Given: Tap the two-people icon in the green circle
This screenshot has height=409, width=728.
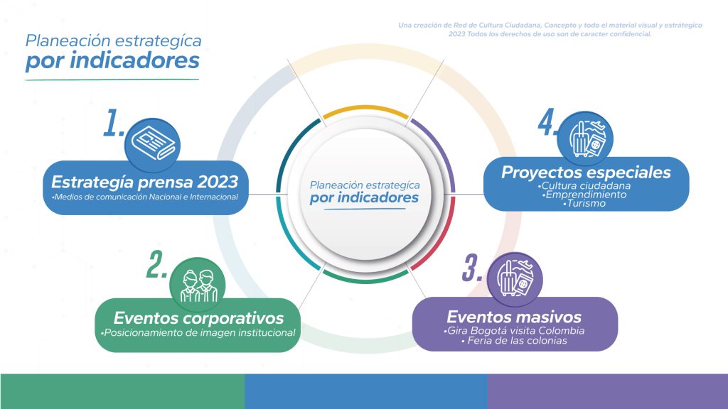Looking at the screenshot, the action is coord(199,285).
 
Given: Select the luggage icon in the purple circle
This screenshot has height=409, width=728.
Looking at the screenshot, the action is coord(515,278).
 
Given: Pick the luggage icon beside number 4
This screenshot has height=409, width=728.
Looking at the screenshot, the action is coord(587,138).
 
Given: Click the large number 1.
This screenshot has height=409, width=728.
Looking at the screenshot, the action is coord(113,123).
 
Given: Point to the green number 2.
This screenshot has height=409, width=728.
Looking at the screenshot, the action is coord(156,265).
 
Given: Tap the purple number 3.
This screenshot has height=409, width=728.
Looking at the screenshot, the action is coord(472,268).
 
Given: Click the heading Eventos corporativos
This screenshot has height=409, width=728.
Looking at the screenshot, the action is coord(198,318).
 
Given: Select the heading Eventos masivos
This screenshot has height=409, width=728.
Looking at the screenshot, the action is coord(514,317).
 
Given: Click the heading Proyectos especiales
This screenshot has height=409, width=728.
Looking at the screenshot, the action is coord(586,173).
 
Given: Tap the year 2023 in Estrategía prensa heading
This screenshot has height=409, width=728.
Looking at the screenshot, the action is coord(218,181).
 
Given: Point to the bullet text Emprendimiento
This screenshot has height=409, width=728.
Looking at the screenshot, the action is coord(584,195).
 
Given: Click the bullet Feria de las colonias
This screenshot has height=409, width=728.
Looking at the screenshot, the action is coord(515,341).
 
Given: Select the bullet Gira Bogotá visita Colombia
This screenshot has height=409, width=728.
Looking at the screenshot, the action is coord(514,331).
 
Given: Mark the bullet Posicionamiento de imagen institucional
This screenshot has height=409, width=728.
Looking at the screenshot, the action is coord(198,332).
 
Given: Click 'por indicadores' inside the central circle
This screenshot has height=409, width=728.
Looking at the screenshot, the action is coord(364,198).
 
